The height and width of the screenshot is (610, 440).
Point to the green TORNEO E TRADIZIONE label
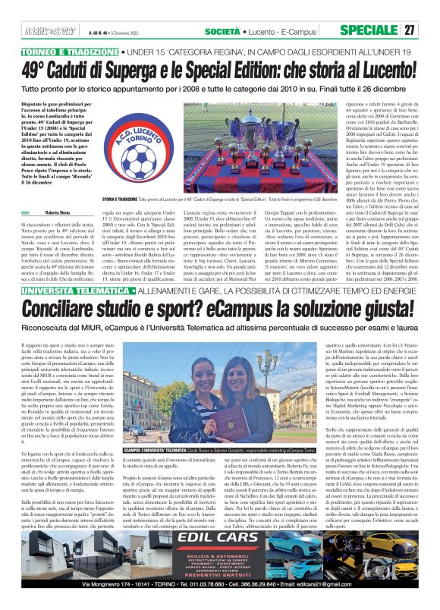[x=61, y=52]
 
